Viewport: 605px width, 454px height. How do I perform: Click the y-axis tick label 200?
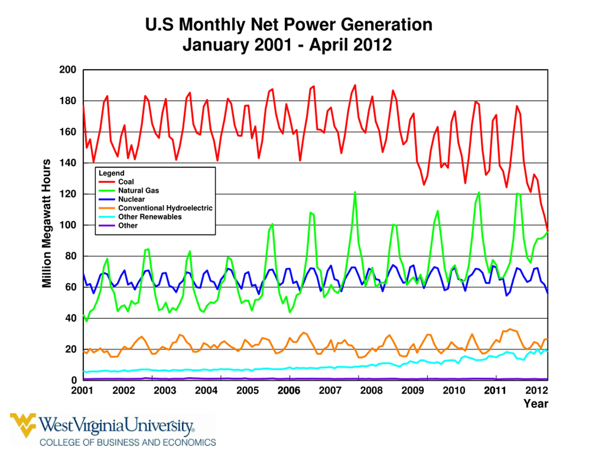68,70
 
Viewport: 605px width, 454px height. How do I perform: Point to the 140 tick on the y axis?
68,163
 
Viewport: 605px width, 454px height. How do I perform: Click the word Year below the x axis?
536,404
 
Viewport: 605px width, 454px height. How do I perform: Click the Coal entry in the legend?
126,182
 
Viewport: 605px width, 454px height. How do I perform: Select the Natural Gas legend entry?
138,190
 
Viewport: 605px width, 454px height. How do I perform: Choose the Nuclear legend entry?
131,199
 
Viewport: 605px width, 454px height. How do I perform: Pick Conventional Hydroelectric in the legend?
165,208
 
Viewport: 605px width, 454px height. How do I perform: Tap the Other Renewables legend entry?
150,217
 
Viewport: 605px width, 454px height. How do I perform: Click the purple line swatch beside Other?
107,226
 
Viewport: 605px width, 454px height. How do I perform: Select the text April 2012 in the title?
350,45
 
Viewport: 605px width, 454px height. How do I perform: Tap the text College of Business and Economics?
127,442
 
